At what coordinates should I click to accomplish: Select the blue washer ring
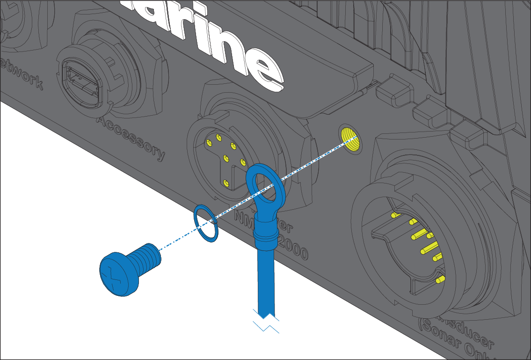coord(206,223)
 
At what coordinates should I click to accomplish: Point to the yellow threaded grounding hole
coord(350,140)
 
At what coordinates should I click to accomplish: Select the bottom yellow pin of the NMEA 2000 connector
coord(226,183)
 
